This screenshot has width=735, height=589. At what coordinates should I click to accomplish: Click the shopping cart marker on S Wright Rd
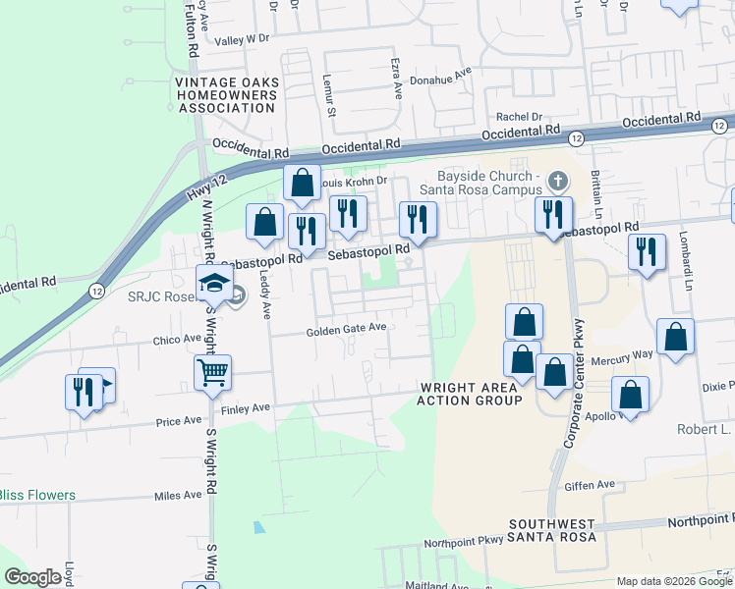[212, 373]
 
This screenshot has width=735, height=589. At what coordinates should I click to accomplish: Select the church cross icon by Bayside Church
[558, 182]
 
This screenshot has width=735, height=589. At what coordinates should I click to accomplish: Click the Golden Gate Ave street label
[345, 330]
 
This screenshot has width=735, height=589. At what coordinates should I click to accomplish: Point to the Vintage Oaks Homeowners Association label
[227, 95]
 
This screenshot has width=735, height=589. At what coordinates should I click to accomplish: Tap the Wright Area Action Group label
[470, 394]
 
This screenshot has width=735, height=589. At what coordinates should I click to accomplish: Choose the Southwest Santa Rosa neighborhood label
[552, 531]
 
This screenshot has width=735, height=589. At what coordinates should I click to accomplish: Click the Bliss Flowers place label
[37, 495]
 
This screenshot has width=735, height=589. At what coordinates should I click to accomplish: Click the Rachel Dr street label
[520, 116]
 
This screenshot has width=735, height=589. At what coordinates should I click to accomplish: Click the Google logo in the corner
[32, 577]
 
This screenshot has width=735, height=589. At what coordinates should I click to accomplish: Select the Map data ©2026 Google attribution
[675, 581]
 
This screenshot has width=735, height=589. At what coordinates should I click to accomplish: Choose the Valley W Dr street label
[243, 39]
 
